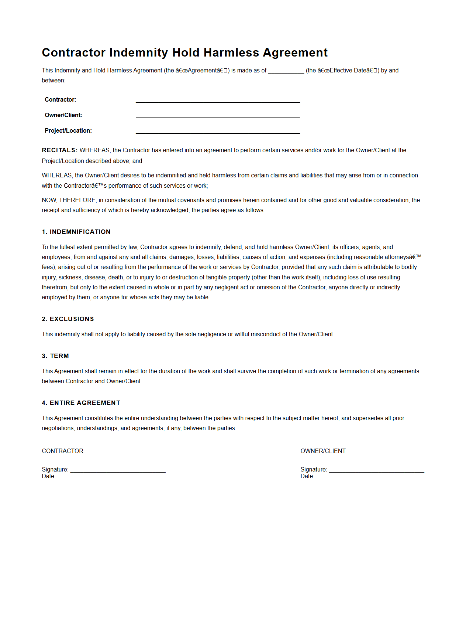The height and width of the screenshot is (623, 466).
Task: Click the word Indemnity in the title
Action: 139,52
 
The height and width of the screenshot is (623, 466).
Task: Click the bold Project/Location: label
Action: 68,130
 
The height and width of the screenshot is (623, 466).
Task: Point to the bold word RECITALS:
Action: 60,150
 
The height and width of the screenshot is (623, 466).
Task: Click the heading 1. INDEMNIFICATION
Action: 76,232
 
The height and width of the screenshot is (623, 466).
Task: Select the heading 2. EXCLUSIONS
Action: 68,319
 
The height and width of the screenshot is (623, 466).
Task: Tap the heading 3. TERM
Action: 55,356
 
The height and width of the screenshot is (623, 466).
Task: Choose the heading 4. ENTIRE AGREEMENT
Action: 81,403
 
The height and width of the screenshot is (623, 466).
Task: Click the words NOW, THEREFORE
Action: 69,200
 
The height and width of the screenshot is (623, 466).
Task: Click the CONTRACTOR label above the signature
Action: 63,451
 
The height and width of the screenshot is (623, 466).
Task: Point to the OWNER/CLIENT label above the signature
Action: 323,451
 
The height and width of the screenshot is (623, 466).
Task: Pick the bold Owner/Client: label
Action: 63,115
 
